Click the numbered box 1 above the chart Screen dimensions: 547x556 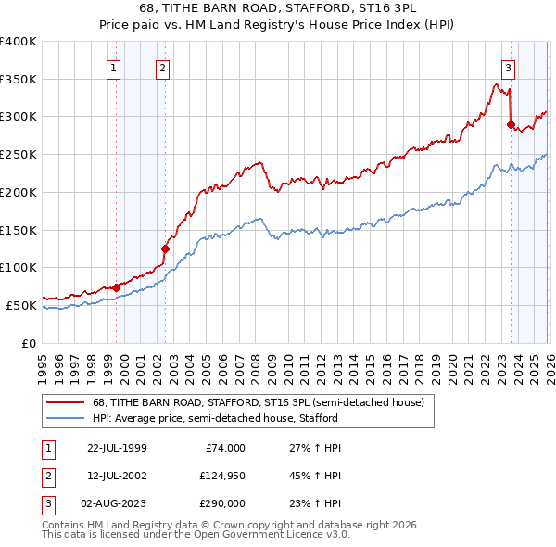[113, 67]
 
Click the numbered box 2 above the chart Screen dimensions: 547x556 [162, 67]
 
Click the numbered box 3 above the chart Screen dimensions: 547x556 [509, 67]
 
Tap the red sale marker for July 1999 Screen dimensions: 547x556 [117, 287]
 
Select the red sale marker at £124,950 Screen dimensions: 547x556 [165, 248]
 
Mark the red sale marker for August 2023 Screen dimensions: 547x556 [511, 123]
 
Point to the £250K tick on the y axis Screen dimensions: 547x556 [19, 154]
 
